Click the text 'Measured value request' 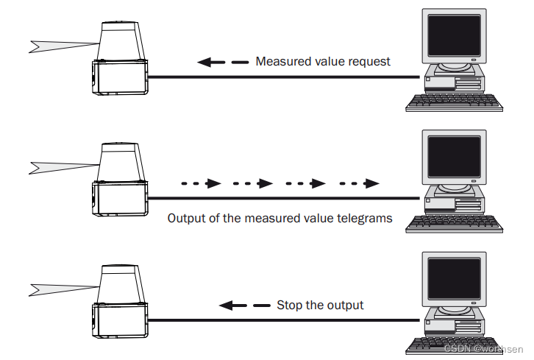(x=323, y=62)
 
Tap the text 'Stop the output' (x=320, y=305)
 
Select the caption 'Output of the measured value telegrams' (x=280, y=218)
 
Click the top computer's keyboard (x=455, y=103)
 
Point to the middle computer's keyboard (x=455, y=224)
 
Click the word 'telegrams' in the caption (x=366, y=218)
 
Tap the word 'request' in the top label (x=369, y=62)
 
